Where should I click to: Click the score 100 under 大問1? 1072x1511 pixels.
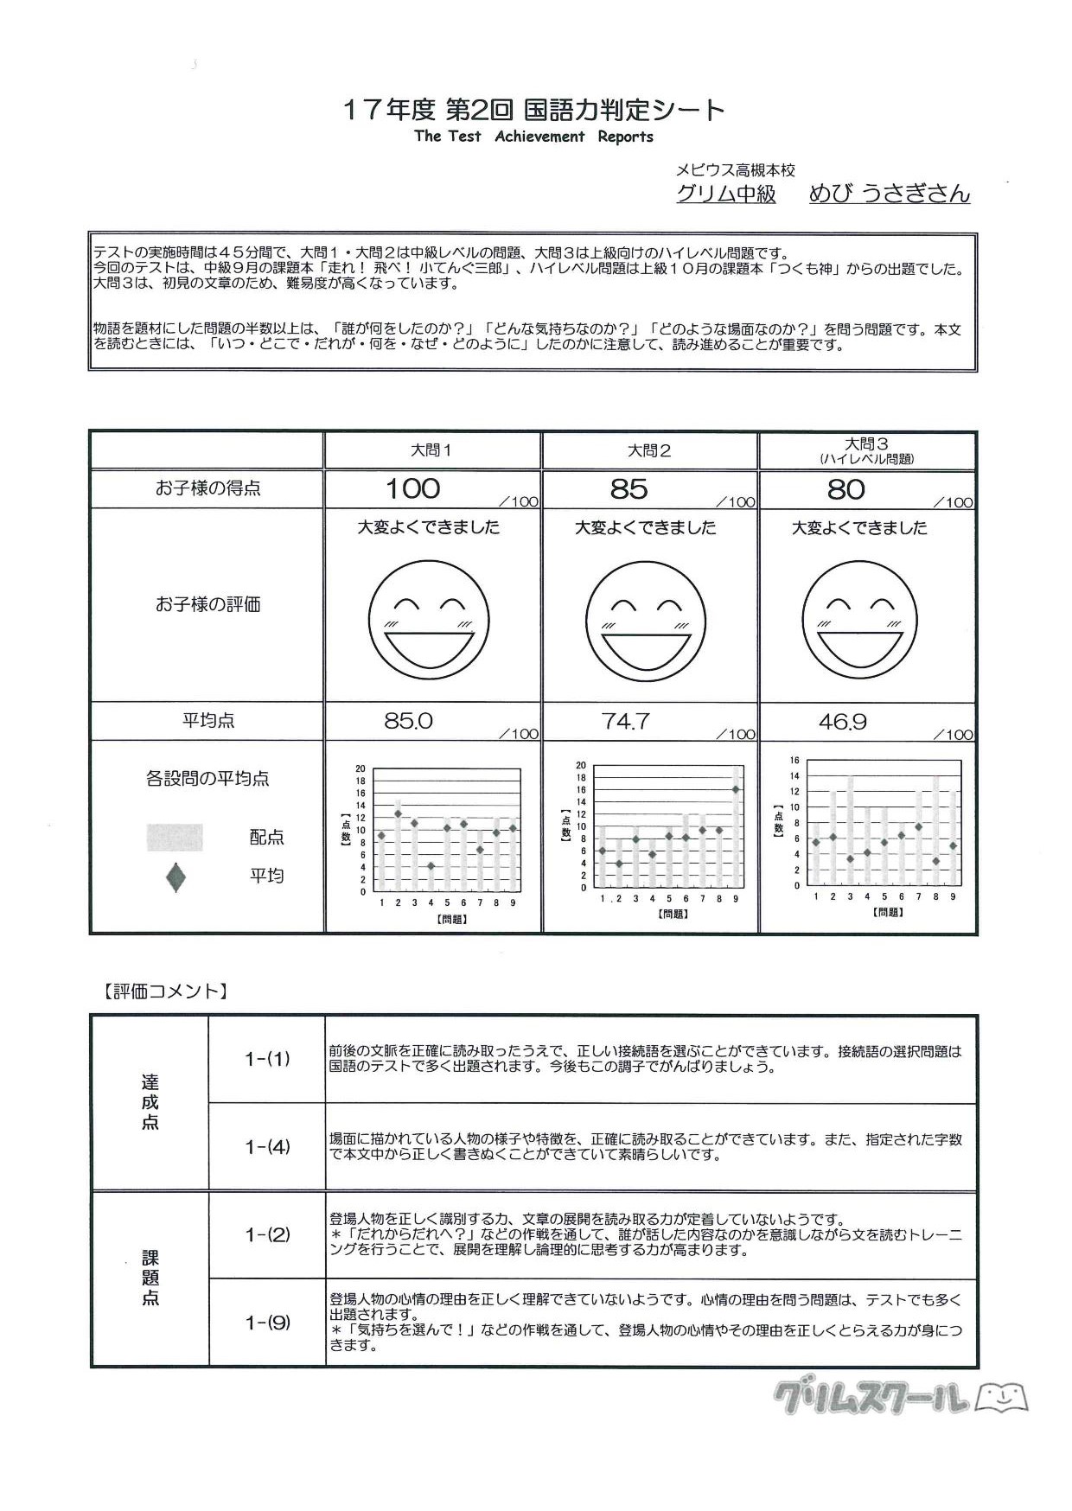(412, 488)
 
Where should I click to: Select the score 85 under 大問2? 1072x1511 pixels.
(629, 489)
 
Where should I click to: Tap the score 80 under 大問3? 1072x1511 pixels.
(845, 490)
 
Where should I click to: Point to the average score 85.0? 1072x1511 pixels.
(408, 721)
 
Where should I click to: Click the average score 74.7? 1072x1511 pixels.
(625, 721)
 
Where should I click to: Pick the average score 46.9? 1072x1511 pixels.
(842, 722)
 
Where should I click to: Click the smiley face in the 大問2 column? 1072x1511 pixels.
(646, 620)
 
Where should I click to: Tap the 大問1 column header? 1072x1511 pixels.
(431, 450)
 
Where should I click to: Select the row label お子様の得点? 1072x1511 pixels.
(207, 488)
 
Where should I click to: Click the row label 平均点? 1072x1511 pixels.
(207, 721)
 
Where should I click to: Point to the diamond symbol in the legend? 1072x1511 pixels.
(176, 877)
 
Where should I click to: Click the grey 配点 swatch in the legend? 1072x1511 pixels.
(175, 837)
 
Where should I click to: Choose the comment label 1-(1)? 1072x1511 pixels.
(267, 1059)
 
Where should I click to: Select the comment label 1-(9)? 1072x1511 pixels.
(267, 1323)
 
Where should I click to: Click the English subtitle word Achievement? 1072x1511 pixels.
(539, 137)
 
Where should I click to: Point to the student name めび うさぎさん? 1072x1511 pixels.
(889, 194)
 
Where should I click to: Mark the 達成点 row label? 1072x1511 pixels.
(150, 1102)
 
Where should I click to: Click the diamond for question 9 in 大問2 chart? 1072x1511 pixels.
(736, 788)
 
